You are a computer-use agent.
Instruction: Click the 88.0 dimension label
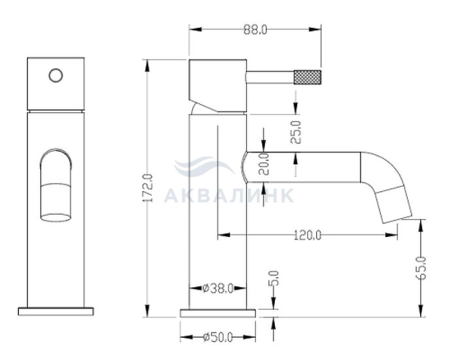coord(255,29)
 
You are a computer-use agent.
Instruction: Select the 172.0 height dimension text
coord(148,188)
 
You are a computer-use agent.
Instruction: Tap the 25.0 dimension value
coord(296,132)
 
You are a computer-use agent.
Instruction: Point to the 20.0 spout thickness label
coord(264,164)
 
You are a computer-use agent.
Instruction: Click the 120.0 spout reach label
coord(308,235)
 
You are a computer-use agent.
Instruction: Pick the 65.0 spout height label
coord(421,268)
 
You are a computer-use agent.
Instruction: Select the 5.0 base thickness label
coord(274,278)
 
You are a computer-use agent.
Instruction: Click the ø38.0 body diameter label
coord(218,289)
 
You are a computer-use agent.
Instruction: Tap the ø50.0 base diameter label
coord(218,337)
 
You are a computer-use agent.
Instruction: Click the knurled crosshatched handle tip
coord(308,77)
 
